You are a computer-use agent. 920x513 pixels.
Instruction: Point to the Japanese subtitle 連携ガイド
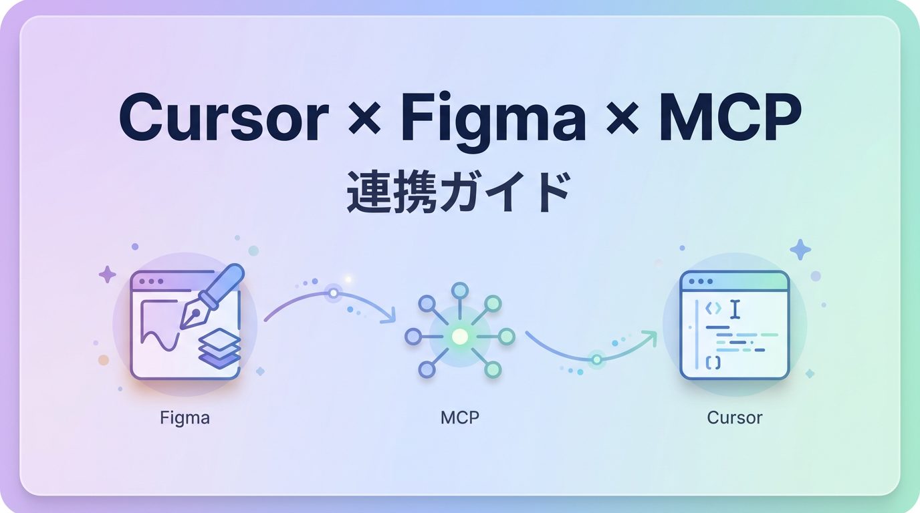click(459, 192)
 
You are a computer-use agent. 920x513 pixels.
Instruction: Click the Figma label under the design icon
click(185, 418)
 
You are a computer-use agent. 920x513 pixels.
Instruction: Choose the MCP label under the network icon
click(460, 418)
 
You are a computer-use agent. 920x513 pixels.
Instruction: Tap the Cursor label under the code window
click(735, 418)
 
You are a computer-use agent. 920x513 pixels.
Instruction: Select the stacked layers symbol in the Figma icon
click(219, 348)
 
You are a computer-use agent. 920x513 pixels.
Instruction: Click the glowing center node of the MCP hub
click(460, 337)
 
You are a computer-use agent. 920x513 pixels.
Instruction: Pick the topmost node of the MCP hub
click(460, 290)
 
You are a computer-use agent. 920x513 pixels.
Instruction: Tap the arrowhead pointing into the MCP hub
click(388, 317)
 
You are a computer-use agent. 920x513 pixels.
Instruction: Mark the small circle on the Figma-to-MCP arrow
click(333, 293)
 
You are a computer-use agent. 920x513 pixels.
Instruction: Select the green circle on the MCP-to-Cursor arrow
click(596, 359)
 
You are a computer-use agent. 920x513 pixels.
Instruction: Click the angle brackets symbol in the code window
click(713, 309)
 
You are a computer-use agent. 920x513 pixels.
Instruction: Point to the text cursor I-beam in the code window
click(735, 309)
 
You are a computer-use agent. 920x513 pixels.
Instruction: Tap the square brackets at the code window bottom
click(713, 362)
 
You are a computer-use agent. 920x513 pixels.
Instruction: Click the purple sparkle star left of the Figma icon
click(107, 275)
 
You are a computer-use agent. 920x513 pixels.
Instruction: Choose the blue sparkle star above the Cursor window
click(800, 250)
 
